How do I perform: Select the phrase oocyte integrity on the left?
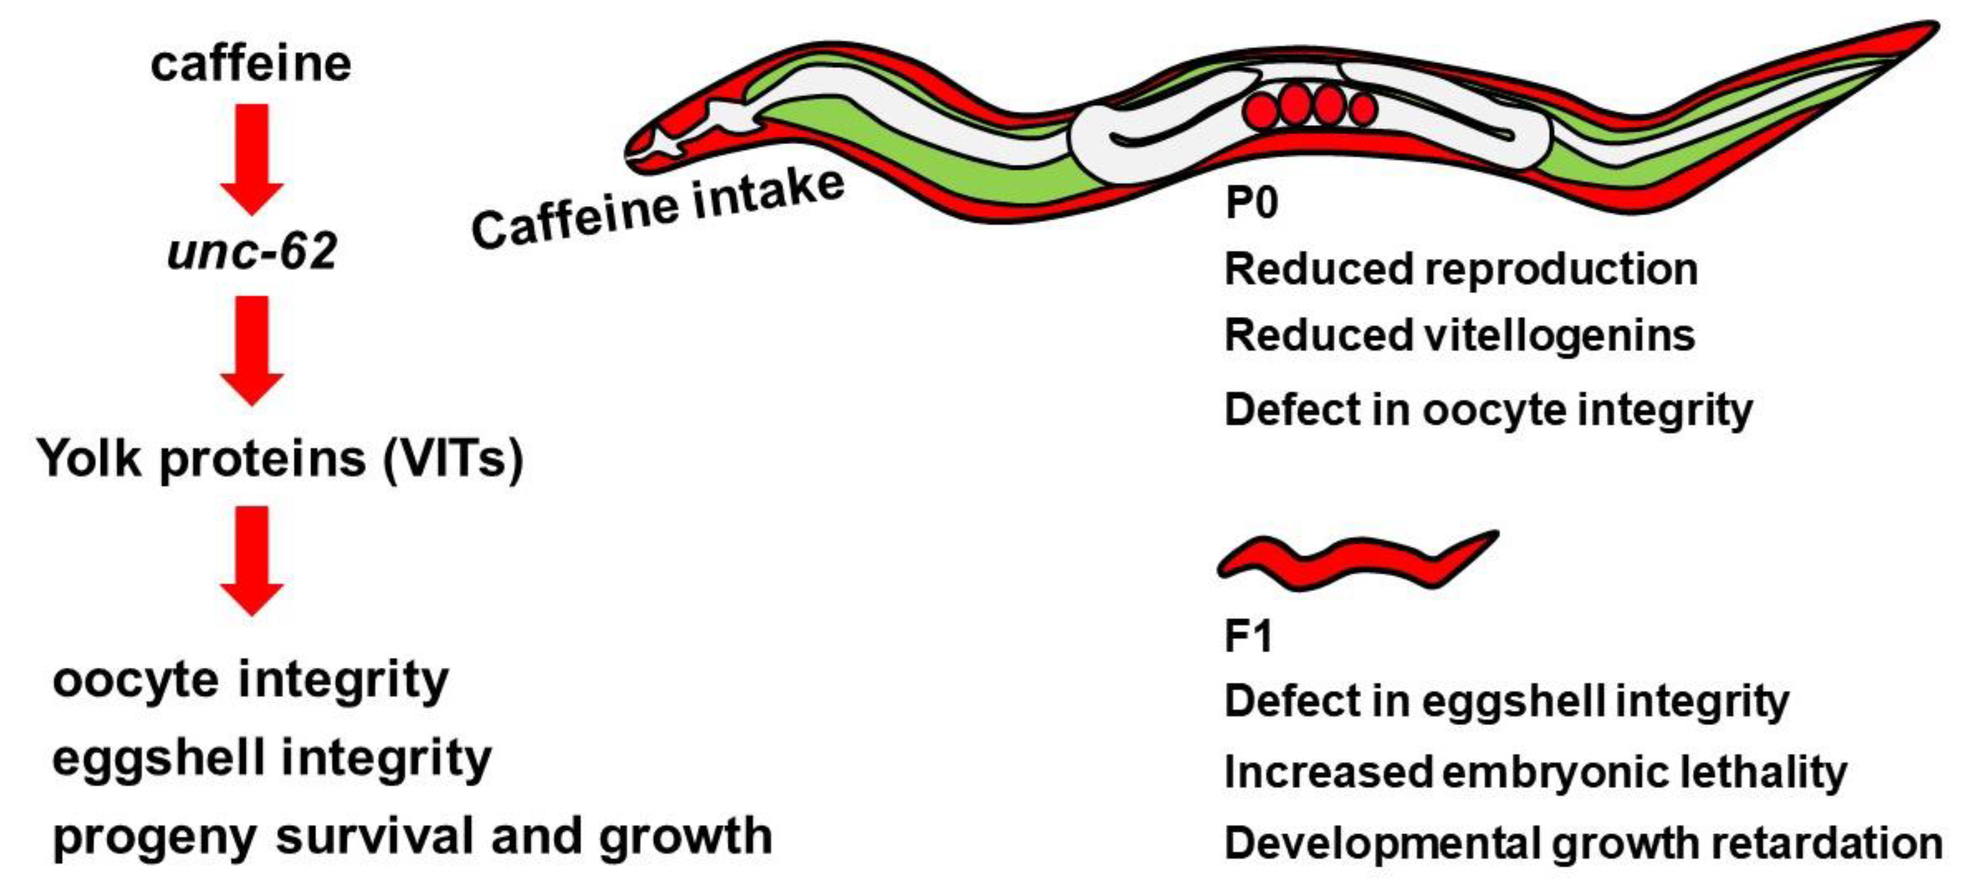click(251, 680)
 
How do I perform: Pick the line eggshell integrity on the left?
click(272, 759)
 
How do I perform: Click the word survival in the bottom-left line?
click(377, 837)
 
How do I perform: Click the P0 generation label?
click(1250, 203)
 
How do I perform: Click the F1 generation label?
click(1247, 636)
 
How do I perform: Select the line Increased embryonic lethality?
click(1535, 772)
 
